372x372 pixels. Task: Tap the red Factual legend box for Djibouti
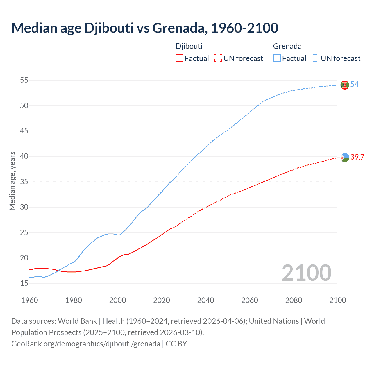pos(179,58)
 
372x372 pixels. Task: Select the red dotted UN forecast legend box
pos(218,58)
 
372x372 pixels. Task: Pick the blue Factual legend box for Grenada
pos(277,58)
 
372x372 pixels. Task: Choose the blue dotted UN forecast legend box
pos(315,58)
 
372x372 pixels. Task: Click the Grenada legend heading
pos(287,46)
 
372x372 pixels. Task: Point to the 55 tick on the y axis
pos(24,80)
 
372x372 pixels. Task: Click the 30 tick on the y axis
pos(24,207)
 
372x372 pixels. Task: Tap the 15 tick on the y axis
pos(24,283)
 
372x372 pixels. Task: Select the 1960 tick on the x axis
pos(30,300)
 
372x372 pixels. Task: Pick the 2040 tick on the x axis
pos(205,300)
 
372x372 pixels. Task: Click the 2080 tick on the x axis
pos(294,300)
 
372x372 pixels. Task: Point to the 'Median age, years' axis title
pos(12,181)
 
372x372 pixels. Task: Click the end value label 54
pos(354,84)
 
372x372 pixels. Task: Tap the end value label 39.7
pos(357,157)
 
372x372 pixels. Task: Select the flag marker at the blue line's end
pos(345,85)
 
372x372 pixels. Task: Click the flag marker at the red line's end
pos(345,158)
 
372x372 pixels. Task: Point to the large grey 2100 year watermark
pos(306,273)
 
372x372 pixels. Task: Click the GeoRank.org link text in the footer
pos(86,344)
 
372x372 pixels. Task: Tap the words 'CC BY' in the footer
pos(176,344)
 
